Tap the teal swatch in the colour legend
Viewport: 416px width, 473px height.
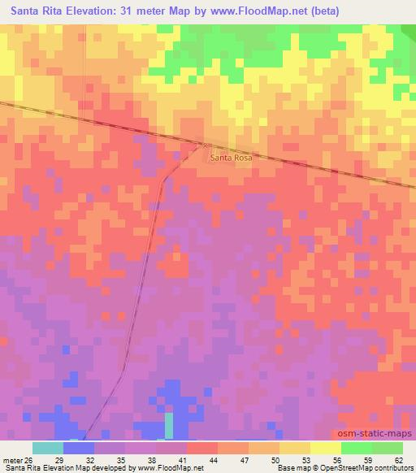(x=47, y=448)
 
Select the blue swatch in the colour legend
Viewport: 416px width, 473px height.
(x=78, y=448)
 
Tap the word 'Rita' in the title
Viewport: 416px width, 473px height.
(x=56, y=11)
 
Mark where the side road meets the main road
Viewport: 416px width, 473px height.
(x=201, y=145)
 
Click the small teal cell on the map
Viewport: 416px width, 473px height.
(x=169, y=425)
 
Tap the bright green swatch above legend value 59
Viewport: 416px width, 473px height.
(x=357, y=448)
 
